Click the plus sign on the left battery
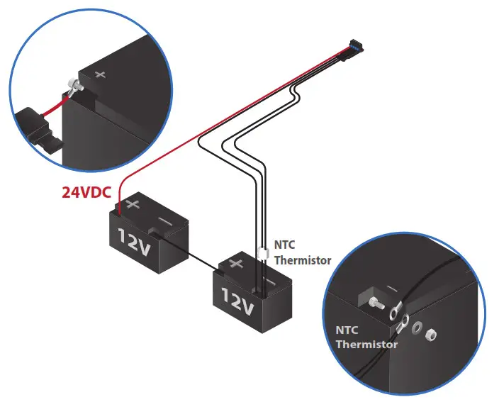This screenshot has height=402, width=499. (x=133, y=205)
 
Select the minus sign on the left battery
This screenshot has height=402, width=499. (x=164, y=222)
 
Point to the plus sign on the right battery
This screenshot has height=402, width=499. (x=236, y=264)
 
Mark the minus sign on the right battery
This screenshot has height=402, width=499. (x=269, y=282)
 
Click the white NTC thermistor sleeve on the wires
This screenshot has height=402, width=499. (x=263, y=252)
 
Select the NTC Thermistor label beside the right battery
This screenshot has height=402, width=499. (x=303, y=254)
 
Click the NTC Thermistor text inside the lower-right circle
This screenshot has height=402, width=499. (x=366, y=337)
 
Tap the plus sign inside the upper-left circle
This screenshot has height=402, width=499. (x=100, y=74)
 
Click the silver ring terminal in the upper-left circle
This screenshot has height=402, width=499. (x=74, y=89)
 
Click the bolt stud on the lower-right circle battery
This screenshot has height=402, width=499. (x=376, y=303)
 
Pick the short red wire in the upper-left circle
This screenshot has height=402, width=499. (x=55, y=108)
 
